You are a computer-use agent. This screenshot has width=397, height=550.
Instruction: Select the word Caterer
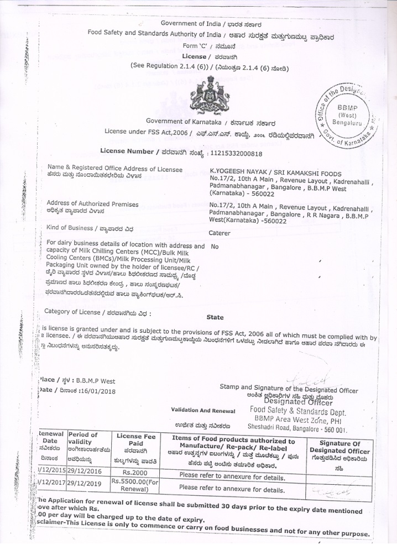[x=220, y=233]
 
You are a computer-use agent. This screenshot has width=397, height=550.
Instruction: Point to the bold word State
[x=215, y=317]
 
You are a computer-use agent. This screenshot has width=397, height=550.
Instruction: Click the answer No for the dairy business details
[x=215, y=247]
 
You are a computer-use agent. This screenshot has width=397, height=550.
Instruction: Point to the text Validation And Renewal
[x=202, y=411]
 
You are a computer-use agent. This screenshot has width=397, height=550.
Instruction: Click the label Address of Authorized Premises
[x=92, y=203]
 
